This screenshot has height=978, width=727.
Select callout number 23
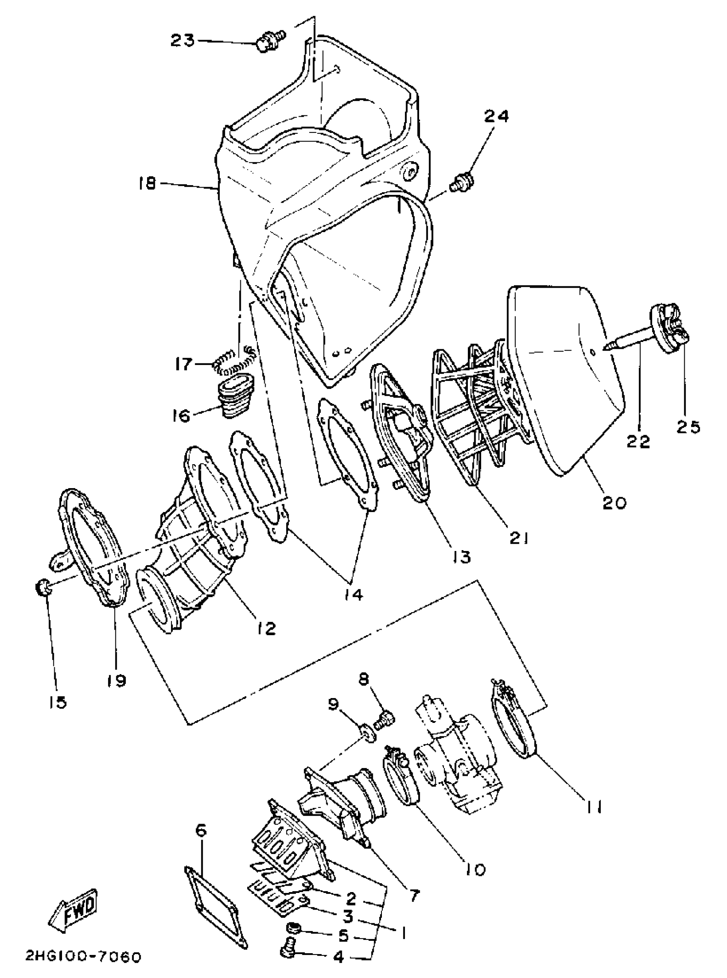(x=183, y=41)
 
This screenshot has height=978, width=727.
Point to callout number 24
(x=496, y=116)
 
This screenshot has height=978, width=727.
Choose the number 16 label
(x=181, y=415)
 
